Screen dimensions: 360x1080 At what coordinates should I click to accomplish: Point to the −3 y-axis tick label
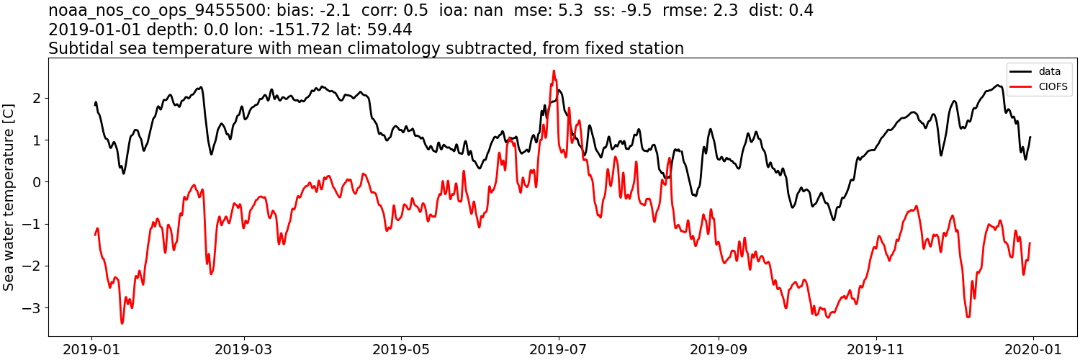click(x=33, y=308)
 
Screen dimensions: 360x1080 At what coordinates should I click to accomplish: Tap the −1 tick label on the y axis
click(x=33, y=224)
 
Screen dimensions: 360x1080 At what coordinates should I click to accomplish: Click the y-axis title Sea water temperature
click(x=9, y=196)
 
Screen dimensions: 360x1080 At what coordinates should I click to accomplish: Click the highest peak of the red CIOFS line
click(x=554, y=71)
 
